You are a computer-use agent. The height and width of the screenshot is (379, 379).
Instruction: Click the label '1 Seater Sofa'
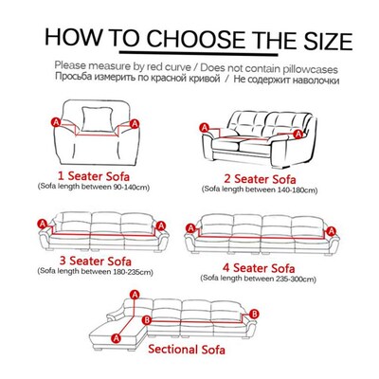tap(81, 176)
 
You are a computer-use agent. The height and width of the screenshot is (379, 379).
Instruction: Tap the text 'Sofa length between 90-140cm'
tap(82, 190)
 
